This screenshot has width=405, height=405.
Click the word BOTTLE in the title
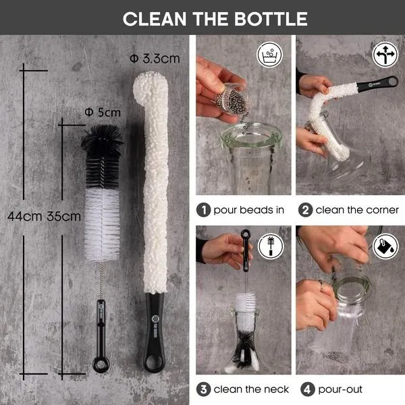[271, 19]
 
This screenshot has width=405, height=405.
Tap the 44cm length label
[24, 217]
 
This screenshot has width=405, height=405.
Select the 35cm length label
[64, 217]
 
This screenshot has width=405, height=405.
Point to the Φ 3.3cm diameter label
[155, 59]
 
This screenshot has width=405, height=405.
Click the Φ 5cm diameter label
[103, 113]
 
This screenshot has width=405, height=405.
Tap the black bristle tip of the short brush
[103, 140]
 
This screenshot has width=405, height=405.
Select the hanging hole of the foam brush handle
[154, 362]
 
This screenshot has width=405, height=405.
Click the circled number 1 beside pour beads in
[204, 210]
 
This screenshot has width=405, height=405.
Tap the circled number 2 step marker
[306, 210]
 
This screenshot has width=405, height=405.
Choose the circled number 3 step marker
[204, 389]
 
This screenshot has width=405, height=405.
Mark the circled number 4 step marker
[307, 389]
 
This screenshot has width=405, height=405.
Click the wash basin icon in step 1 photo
[270, 55]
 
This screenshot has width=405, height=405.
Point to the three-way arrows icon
[385, 55]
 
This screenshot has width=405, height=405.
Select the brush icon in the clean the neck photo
[271, 246]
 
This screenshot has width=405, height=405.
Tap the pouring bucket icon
[385, 246]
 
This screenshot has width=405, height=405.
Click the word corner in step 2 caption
[382, 210]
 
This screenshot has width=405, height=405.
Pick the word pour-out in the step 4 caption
[340, 389]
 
